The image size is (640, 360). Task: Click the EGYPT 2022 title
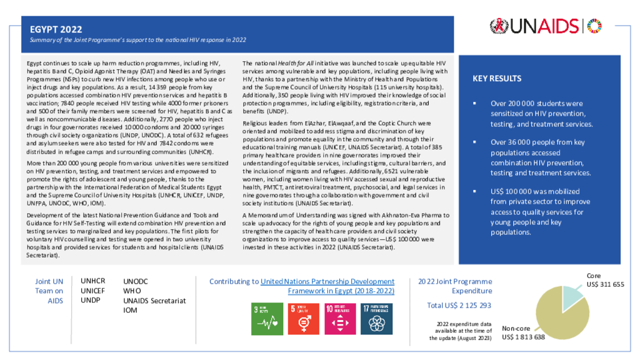[56, 29]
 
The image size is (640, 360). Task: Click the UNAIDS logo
[546, 26]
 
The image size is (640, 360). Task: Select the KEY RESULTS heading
[497, 79]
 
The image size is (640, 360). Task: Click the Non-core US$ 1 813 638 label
[523, 332]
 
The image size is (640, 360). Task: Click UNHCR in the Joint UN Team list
[93, 281]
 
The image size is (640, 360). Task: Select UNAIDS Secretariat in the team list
[154, 301]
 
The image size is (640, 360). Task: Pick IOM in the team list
[130, 310]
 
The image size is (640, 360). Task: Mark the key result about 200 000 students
[541, 113]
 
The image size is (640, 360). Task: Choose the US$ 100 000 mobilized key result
[541, 212]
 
